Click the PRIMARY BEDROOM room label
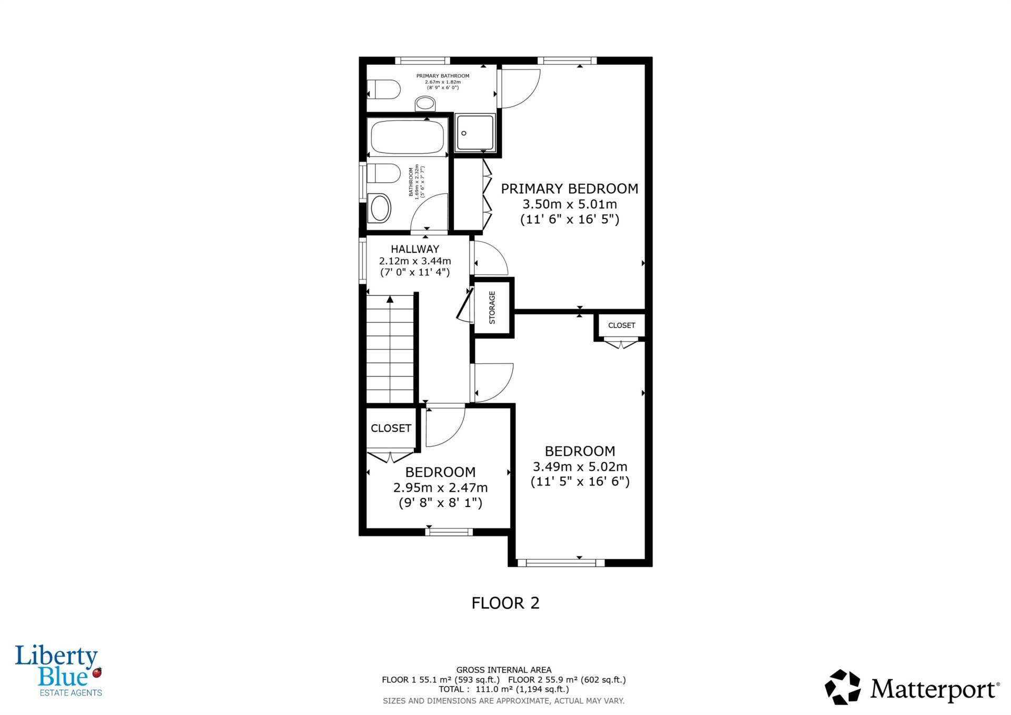(x=569, y=188)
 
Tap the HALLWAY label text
(x=415, y=249)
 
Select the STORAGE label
(x=492, y=307)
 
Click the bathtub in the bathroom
(x=408, y=136)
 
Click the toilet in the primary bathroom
(x=384, y=90)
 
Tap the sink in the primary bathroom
(x=425, y=104)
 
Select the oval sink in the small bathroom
(x=380, y=207)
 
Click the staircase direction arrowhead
(x=390, y=300)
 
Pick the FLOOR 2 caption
(x=506, y=603)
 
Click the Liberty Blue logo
(x=58, y=670)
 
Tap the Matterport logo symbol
(x=843, y=687)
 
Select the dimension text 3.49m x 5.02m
(x=580, y=466)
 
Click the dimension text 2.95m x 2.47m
(x=440, y=488)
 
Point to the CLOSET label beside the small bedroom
(x=391, y=429)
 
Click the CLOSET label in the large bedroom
(x=621, y=325)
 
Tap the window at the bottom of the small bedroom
(x=449, y=532)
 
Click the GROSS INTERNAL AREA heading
(x=504, y=670)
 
